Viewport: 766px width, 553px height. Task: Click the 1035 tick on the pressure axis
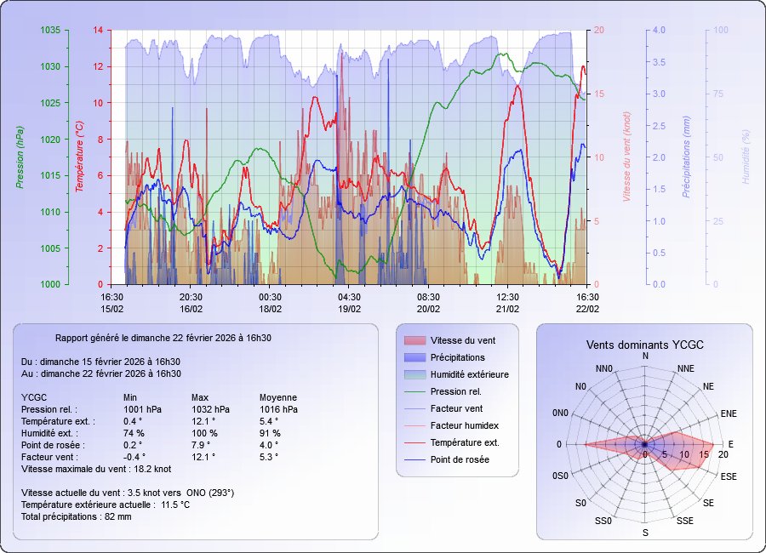pos(50,31)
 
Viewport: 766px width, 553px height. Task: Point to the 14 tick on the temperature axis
pos(98,31)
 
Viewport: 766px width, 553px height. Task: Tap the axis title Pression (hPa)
pos(20,157)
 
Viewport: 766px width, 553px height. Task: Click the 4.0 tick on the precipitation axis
pos(659,31)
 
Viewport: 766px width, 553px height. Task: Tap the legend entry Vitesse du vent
pos(463,340)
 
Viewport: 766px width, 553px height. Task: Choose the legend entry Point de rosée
pos(460,459)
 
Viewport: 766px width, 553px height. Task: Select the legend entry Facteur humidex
pos(464,425)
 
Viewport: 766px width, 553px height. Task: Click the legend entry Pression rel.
pos(455,391)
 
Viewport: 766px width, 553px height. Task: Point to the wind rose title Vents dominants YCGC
pos(645,345)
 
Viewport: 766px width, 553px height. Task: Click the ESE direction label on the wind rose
pos(729,476)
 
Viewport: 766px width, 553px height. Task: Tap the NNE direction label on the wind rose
pos(686,368)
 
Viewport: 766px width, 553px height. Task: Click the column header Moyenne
pos(278,397)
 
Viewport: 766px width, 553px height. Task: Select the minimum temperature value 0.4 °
pos(132,421)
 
